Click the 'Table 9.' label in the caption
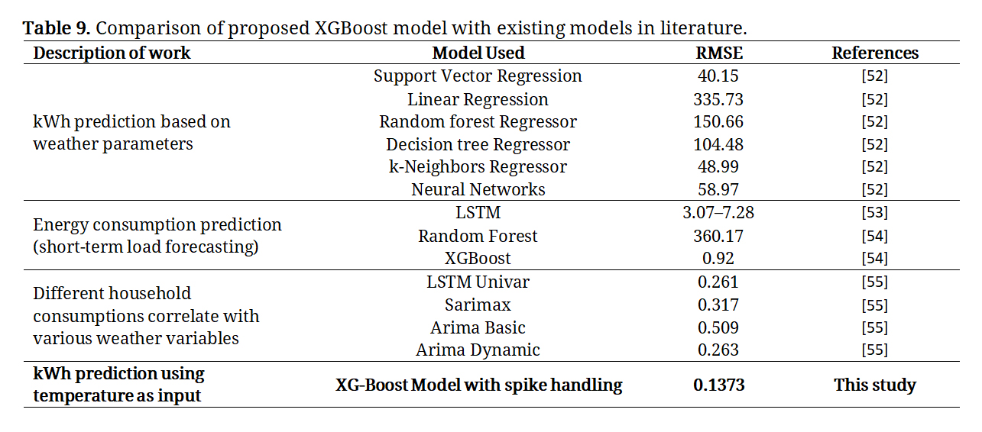coord(57,28)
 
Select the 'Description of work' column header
coord(112,53)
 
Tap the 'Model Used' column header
coord(478,53)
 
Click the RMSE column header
coord(719,53)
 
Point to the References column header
coord(875,53)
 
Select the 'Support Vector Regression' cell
coord(478,76)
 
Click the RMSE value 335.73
coord(718,100)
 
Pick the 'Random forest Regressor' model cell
coord(478,122)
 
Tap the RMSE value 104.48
coord(718,144)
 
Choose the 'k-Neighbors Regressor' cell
coord(478,166)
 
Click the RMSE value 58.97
coord(718,189)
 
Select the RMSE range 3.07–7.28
coord(718,213)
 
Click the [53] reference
coord(874,213)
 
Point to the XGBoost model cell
coord(478,258)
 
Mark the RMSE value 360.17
coord(718,237)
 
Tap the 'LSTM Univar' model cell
coord(478,282)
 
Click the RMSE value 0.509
coord(718,328)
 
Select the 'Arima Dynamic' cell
coord(478,350)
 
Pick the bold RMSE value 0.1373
coord(719,385)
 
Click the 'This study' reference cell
coord(875,385)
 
